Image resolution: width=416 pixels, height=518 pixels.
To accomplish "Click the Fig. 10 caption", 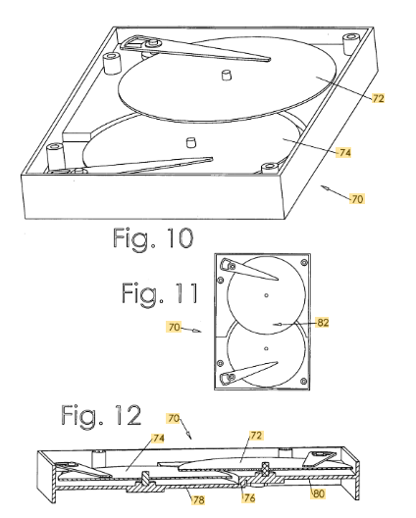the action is pyautogui.click(x=153, y=238).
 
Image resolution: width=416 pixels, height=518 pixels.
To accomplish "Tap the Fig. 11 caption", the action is pyautogui.click(x=160, y=293).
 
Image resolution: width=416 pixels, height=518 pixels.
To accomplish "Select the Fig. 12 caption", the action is pyautogui.click(x=101, y=415).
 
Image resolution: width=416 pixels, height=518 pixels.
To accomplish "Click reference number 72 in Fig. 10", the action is pyautogui.click(x=378, y=98).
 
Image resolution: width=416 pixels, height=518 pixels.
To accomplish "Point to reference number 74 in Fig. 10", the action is pyautogui.click(x=344, y=152).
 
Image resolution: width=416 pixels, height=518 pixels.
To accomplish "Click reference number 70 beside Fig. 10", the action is pyautogui.click(x=357, y=199).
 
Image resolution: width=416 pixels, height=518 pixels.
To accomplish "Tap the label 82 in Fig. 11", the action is pyautogui.click(x=323, y=322).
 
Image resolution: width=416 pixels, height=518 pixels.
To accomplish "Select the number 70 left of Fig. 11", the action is pyautogui.click(x=174, y=327).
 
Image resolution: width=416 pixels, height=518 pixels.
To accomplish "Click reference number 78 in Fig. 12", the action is pyautogui.click(x=198, y=499).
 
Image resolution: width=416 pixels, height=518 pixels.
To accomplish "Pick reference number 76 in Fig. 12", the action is pyautogui.click(x=249, y=497).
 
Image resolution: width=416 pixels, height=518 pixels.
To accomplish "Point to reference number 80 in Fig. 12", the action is pyautogui.click(x=319, y=493).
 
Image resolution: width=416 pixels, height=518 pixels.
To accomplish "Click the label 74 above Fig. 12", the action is pyautogui.click(x=158, y=439).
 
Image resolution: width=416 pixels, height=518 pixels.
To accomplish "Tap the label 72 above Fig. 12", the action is pyautogui.click(x=256, y=436).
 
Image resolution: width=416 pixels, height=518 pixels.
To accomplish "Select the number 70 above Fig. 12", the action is pyautogui.click(x=174, y=418).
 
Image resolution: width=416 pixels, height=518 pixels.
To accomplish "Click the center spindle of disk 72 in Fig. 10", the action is pyautogui.click(x=226, y=75).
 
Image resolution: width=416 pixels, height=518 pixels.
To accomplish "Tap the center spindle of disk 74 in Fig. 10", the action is pyautogui.click(x=191, y=142).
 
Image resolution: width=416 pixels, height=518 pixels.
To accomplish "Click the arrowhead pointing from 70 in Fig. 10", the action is pyautogui.click(x=325, y=188).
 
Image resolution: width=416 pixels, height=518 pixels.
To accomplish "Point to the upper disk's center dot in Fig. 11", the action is pyautogui.click(x=266, y=295).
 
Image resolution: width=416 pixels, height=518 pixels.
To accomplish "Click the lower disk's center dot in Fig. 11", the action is pyautogui.click(x=266, y=348).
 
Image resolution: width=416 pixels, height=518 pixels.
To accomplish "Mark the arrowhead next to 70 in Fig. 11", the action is pyautogui.click(x=197, y=331).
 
